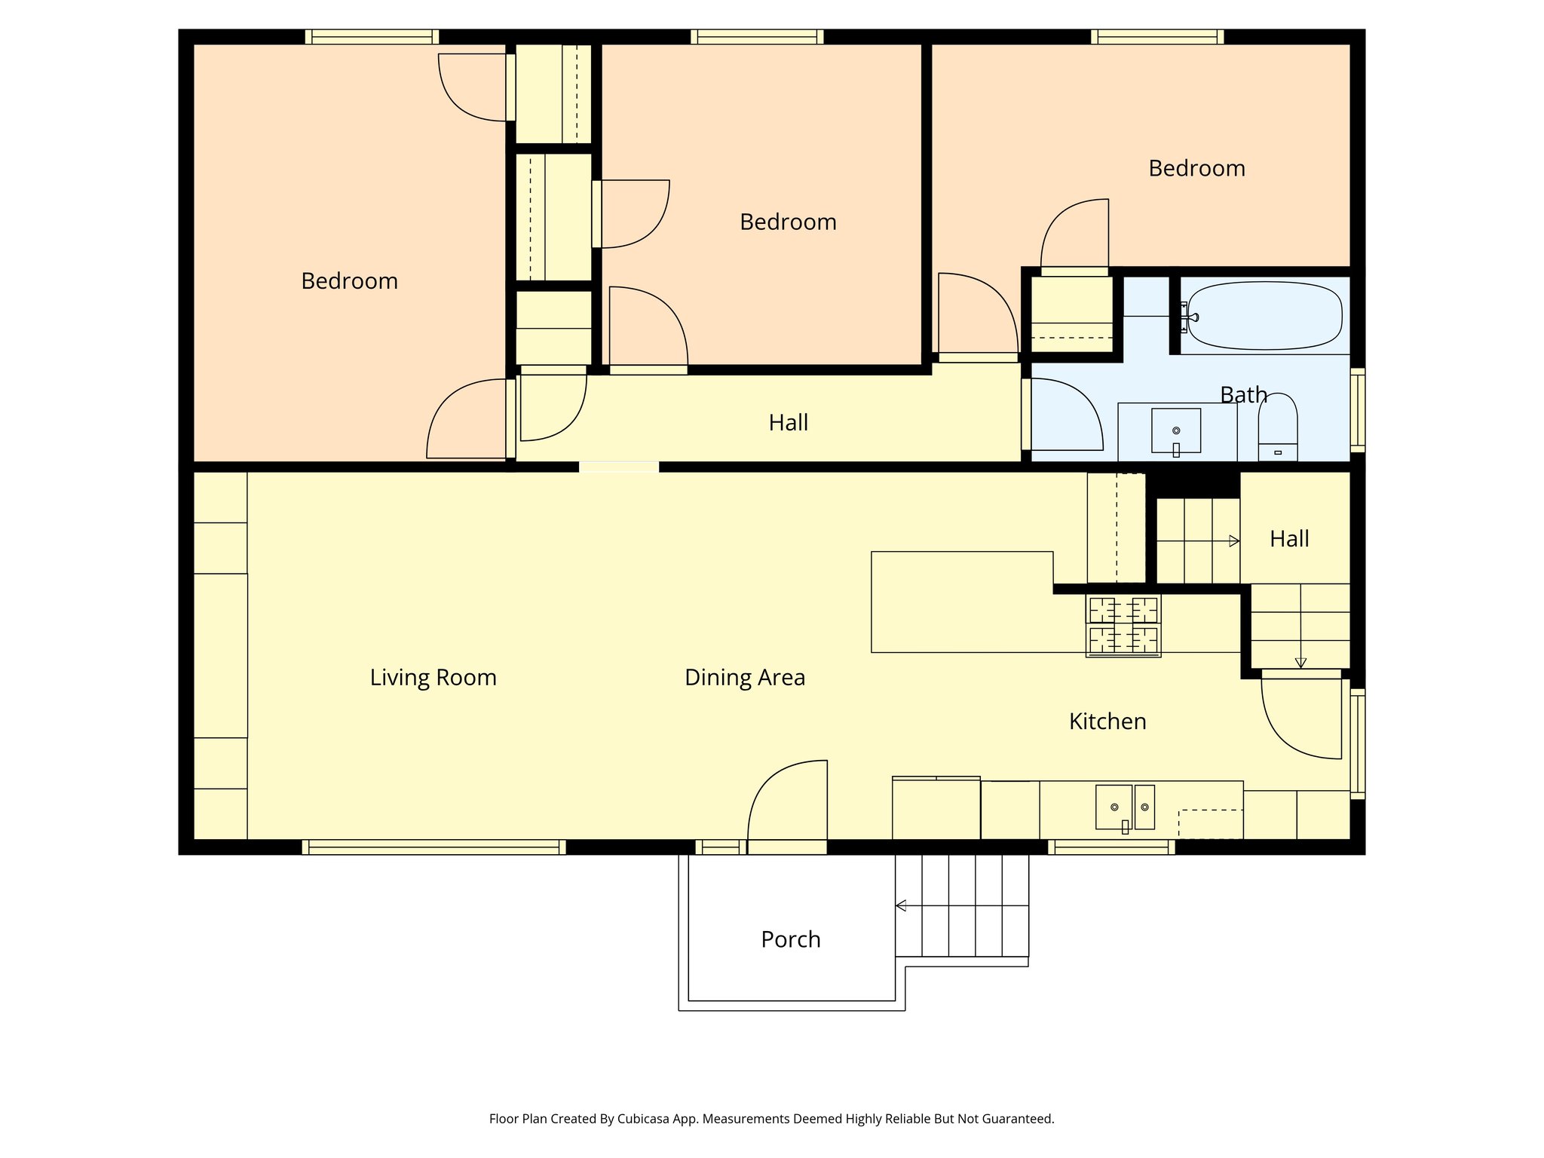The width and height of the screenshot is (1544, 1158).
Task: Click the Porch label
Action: click(x=790, y=939)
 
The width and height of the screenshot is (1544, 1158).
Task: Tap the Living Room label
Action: click(x=433, y=677)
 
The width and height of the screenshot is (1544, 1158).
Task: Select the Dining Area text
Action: click(x=744, y=677)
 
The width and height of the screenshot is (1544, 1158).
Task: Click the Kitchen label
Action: click(x=1107, y=721)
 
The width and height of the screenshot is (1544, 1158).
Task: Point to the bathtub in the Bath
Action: click(x=1264, y=316)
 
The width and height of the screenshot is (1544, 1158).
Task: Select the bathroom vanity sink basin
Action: click(x=1175, y=430)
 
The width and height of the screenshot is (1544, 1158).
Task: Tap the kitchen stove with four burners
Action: click(x=1123, y=625)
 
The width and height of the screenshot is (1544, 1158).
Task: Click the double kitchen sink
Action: click(x=1124, y=807)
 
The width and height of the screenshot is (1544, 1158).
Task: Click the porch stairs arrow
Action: click(x=900, y=905)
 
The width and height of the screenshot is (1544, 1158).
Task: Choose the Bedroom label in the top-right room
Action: click(x=1196, y=168)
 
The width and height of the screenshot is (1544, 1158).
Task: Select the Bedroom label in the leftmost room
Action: click(x=349, y=280)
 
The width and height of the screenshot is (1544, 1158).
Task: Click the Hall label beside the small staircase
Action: click(x=1288, y=538)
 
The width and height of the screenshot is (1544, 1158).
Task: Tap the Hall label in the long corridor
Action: click(x=788, y=422)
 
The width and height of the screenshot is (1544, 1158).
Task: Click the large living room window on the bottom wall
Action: click(x=433, y=847)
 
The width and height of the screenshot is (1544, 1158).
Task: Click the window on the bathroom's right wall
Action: click(x=1357, y=410)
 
